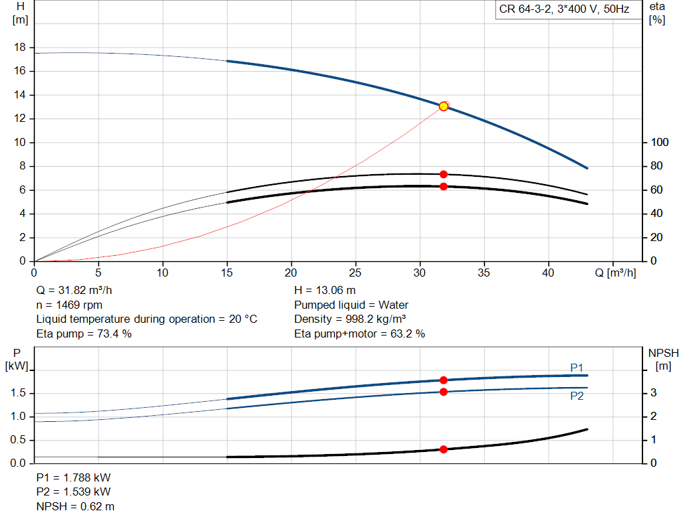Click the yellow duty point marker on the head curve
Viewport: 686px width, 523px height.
click(443, 106)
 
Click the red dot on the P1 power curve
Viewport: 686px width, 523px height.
click(443, 380)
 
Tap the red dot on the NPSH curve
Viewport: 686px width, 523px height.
click(443, 449)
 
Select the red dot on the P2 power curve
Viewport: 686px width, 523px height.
click(443, 392)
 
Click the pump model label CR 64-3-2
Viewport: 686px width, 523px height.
click(525, 9)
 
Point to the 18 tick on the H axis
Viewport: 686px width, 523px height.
click(19, 48)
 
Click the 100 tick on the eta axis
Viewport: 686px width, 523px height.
click(659, 142)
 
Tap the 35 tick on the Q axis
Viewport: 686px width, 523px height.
click(484, 273)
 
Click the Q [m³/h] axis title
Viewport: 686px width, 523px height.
click(616, 273)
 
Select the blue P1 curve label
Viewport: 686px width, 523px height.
click(577, 368)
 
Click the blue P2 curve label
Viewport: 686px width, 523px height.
click(577, 396)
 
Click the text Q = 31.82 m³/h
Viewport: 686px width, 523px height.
click(74, 291)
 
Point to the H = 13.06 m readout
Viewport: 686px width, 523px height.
click(325, 291)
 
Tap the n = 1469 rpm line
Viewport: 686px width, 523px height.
click(70, 305)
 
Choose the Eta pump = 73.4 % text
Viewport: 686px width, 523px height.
click(84, 333)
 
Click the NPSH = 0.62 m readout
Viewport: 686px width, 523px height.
click(76, 506)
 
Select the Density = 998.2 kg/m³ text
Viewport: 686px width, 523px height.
click(350, 319)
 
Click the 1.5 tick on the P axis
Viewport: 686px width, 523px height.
click(18, 393)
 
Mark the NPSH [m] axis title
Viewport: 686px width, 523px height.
click(663, 360)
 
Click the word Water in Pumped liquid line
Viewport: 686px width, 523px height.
click(393, 305)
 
